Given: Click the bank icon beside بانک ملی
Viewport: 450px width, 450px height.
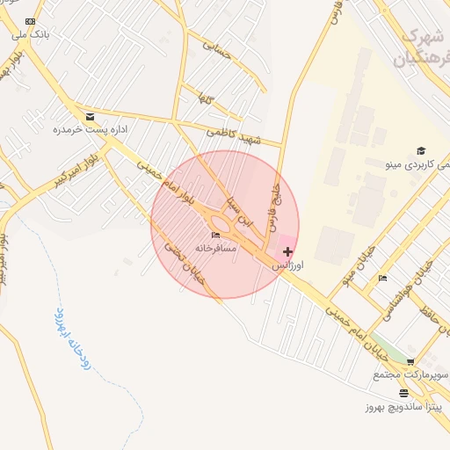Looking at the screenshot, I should (x=31, y=21).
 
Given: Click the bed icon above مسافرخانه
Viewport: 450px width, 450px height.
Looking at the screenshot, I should (x=215, y=236).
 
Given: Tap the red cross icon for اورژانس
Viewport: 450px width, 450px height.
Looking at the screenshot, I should (x=288, y=251).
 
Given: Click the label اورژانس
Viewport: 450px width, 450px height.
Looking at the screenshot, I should (x=287, y=265).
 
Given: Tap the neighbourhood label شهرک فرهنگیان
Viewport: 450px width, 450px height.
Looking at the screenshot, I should (x=415, y=49).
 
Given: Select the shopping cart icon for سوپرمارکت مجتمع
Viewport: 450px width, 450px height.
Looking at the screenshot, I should (x=410, y=362).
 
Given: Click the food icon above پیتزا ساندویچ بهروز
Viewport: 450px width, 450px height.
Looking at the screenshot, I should (x=403, y=393).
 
